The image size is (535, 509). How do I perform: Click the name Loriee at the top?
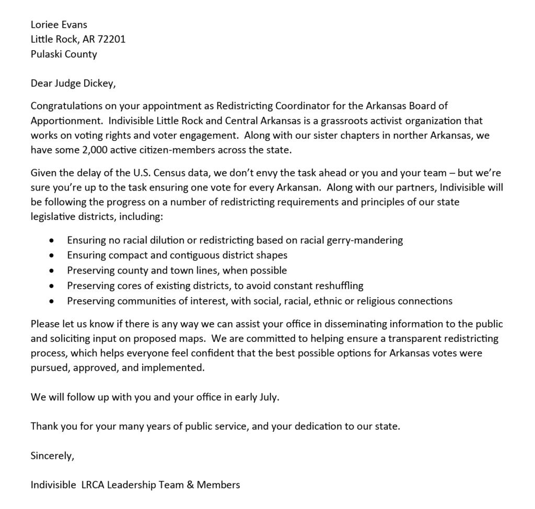pos(43,24)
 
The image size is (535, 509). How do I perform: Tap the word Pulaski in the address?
pos(46,54)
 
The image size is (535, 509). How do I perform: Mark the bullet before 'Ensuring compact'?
pos(51,256)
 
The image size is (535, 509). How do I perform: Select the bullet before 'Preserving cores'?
pos(51,286)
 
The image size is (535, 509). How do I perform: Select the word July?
pos(266,397)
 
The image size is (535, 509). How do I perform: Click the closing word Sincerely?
pos(52,455)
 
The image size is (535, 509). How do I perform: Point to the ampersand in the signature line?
pos(191,484)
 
